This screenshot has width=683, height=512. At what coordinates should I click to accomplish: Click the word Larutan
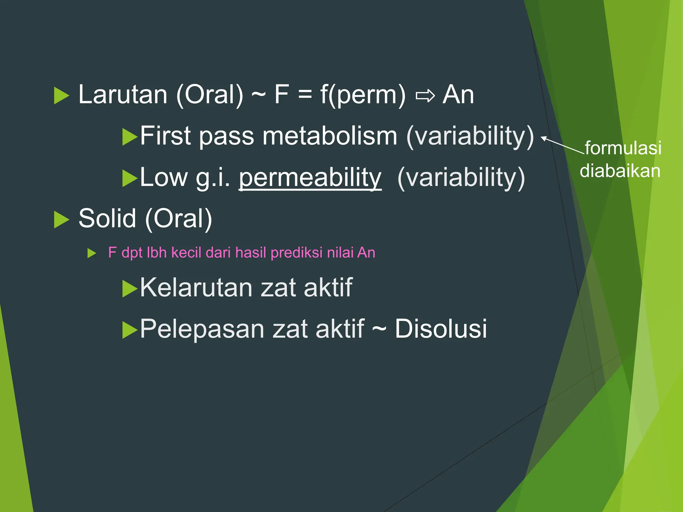122,95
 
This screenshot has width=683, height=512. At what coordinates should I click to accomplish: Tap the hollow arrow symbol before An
425,96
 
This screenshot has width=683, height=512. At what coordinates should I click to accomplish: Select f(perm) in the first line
363,95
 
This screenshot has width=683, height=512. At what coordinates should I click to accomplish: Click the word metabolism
330,136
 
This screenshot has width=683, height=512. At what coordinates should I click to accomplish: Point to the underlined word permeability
310,177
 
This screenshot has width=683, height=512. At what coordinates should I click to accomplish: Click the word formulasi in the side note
623,148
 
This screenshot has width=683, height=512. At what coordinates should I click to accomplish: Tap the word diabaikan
620,171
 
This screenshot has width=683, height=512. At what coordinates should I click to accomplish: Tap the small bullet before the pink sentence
91,253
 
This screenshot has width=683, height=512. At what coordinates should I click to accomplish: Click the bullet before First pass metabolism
129,137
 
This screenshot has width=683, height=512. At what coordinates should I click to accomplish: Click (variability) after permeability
461,178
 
